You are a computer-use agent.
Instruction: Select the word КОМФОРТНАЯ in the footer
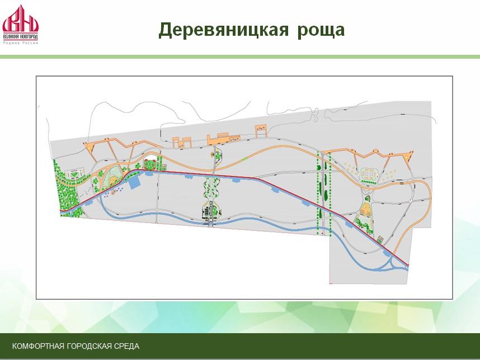click(x=38, y=346)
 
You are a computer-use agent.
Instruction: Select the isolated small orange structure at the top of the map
click(x=261, y=131)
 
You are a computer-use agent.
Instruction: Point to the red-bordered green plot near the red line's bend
click(x=150, y=164)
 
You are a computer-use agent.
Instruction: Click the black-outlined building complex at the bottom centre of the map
click(x=210, y=212)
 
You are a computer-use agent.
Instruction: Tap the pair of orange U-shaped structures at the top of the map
click(x=182, y=142)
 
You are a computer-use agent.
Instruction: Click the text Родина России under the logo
click(x=21, y=43)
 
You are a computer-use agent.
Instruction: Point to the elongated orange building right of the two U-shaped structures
click(x=222, y=139)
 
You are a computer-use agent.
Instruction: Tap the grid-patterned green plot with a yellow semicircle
click(x=113, y=175)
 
